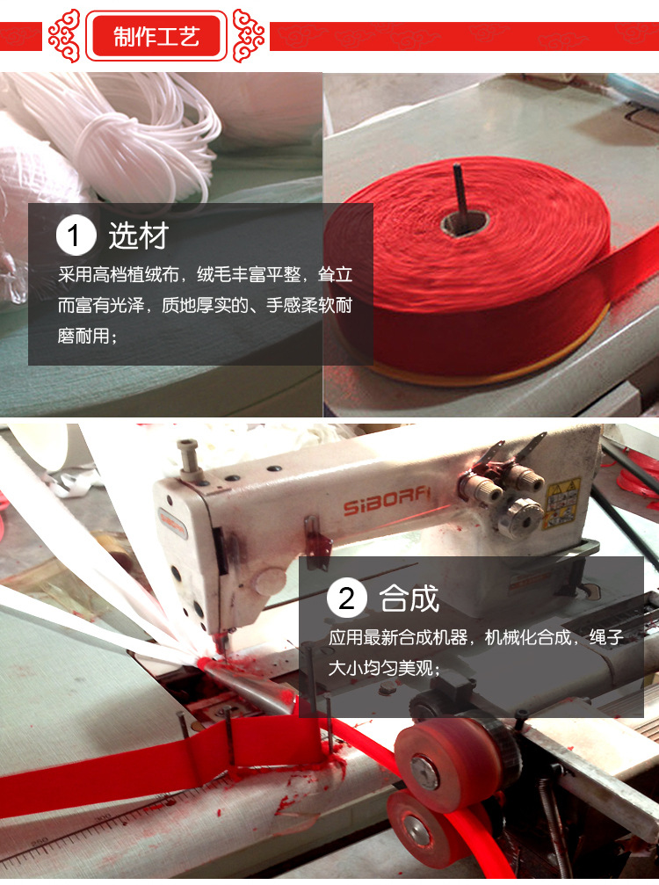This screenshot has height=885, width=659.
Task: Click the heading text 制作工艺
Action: (156, 36)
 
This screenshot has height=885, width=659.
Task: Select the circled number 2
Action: (347, 599)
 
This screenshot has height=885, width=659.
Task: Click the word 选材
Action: (138, 236)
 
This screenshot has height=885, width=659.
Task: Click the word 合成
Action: (409, 599)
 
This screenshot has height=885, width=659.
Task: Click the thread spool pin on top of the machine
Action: (187, 456)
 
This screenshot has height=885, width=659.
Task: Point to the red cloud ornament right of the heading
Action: (249, 36)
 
